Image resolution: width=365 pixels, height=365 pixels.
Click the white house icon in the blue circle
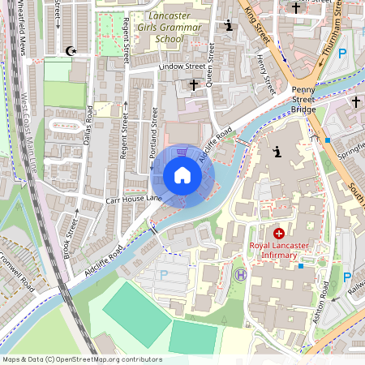182,175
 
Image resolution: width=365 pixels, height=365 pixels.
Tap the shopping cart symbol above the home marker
182,152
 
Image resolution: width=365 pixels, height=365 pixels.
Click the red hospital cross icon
279,234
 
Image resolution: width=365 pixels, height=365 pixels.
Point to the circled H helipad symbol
240,275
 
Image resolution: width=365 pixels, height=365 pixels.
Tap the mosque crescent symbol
71,51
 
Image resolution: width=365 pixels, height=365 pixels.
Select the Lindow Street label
182,66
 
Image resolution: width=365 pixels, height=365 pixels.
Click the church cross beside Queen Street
193,84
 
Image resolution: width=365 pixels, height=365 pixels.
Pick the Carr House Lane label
134,199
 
